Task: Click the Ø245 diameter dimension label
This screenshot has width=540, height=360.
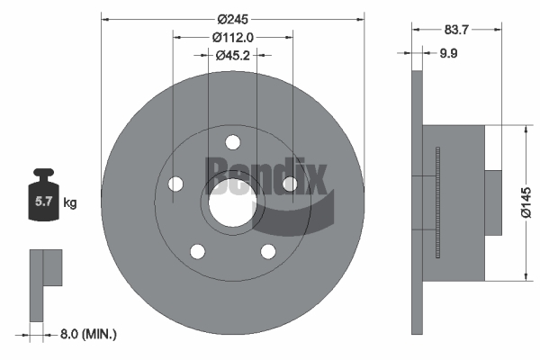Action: pos(232,19)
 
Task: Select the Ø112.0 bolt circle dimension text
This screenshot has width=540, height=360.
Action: pos(233,37)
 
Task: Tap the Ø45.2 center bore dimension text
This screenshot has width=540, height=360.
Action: pos(233,55)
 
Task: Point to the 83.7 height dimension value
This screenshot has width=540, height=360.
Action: pos(456,30)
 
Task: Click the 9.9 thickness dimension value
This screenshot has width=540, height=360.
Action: pos(448,53)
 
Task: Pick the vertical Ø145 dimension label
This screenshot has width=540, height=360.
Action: pos(526,202)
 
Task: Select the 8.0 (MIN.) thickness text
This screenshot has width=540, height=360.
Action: pos(88,334)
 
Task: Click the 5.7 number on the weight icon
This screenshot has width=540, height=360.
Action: pos(43,202)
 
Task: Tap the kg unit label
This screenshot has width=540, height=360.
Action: pos(70,202)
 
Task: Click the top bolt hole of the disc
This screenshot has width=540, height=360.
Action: pos(233,142)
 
